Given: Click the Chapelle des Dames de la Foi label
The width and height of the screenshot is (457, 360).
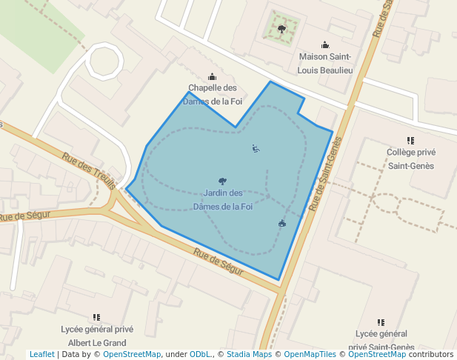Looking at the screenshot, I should click(213, 94).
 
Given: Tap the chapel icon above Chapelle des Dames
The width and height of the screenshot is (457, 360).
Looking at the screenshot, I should click(213, 76).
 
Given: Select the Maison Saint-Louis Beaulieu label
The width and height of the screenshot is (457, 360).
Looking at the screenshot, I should click(325, 63).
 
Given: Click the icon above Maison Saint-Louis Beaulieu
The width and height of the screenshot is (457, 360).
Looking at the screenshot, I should click(325, 44).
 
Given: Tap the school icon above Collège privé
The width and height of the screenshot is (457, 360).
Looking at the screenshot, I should click(410, 140).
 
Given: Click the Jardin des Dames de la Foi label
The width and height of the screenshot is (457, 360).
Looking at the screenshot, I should click(222, 200).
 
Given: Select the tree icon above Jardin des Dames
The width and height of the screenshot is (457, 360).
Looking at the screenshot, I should click(223, 181).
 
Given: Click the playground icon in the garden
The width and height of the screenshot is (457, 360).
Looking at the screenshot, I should click(256, 149).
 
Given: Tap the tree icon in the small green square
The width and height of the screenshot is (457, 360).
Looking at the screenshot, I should click(281, 29).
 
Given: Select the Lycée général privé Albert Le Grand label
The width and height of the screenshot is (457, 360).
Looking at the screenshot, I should click(96, 336).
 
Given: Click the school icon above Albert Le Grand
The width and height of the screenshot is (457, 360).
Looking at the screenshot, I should click(96, 317).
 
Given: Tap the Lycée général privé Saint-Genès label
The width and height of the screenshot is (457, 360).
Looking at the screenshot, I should click(381, 341).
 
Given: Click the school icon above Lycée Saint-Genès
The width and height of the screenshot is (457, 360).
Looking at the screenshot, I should click(381, 322).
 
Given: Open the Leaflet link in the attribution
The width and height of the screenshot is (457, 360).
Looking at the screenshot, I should click(41, 355).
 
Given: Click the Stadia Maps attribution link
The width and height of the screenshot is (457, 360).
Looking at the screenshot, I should click(249, 355).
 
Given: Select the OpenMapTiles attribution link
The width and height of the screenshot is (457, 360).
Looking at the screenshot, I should click(310, 355).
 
